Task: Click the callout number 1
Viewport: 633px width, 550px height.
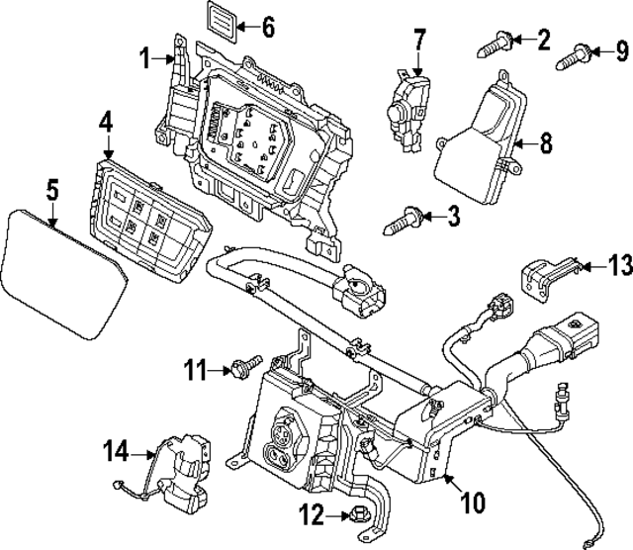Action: point(145,60)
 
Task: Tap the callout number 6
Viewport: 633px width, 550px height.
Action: point(268,27)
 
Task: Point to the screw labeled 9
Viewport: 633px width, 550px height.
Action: point(577,55)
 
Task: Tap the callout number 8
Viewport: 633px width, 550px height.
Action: point(545,143)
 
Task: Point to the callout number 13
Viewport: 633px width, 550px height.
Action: point(618,264)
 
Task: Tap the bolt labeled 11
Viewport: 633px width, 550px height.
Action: point(243,369)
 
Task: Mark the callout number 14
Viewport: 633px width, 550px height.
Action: point(117,452)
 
